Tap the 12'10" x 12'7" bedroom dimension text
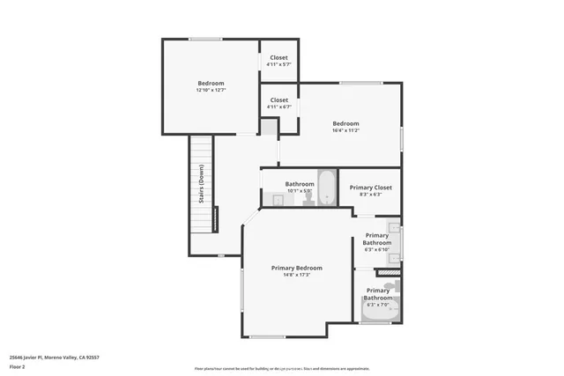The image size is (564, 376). pos(211,90)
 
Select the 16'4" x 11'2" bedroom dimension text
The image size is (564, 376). pos(345,130)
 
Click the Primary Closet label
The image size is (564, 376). pos(370,188)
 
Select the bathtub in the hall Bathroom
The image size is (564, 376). pos(326,186)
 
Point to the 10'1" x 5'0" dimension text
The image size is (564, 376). pos(300,191)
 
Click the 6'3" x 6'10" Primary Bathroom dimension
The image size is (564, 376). pos(377,249)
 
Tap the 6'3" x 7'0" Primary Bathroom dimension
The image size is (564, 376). pos(377,305)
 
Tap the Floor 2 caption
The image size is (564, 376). pos(18,367)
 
